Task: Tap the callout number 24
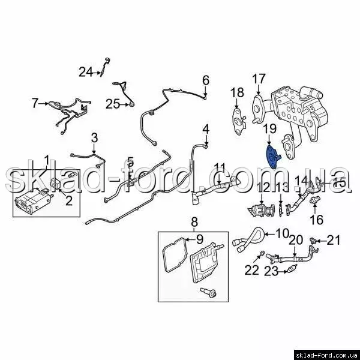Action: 86,72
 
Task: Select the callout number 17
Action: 259,79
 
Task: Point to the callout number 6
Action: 206,80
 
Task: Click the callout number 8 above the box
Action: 194,222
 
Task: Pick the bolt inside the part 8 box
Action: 208,292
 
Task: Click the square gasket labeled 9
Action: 175,255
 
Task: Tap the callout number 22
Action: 251,270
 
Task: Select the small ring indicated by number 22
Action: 261,253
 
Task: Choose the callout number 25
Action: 113,104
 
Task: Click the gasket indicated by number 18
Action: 238,121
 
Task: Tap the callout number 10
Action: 282,233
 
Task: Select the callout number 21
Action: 334,241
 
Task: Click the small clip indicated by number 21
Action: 313,241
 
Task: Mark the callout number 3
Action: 94,138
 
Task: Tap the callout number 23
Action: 271,272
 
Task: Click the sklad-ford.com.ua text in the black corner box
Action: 327,355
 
